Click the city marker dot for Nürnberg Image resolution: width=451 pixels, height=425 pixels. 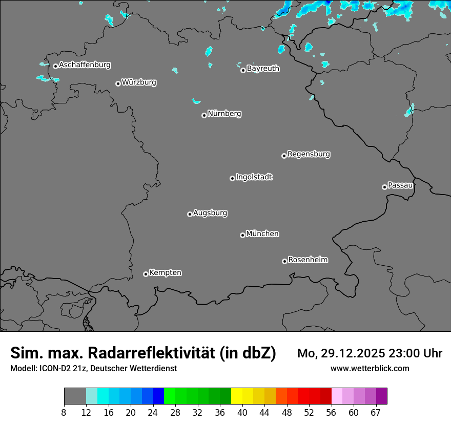(204, 115)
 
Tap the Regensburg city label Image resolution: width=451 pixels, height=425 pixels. (309, 154)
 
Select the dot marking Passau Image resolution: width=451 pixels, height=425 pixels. (384, 187)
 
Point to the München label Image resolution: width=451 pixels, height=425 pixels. (262, 234)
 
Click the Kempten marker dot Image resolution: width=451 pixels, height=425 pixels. (146, 274)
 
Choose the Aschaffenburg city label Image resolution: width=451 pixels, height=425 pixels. (85, 65)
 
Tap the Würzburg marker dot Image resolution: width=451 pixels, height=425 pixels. (118, 83)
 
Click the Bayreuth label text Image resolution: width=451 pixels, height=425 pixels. (263, 68)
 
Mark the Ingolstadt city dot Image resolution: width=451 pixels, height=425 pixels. (232, 178)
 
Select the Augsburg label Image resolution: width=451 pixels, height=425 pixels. (210, 213)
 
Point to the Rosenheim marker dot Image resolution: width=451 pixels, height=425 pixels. (284, 262)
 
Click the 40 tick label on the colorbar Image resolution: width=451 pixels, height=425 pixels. (242, 413)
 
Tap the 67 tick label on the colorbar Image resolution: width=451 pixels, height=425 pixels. (376, 413)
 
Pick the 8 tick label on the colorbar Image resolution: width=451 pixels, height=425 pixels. (64, 413)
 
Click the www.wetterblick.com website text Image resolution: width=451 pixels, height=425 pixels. (370, 368)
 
